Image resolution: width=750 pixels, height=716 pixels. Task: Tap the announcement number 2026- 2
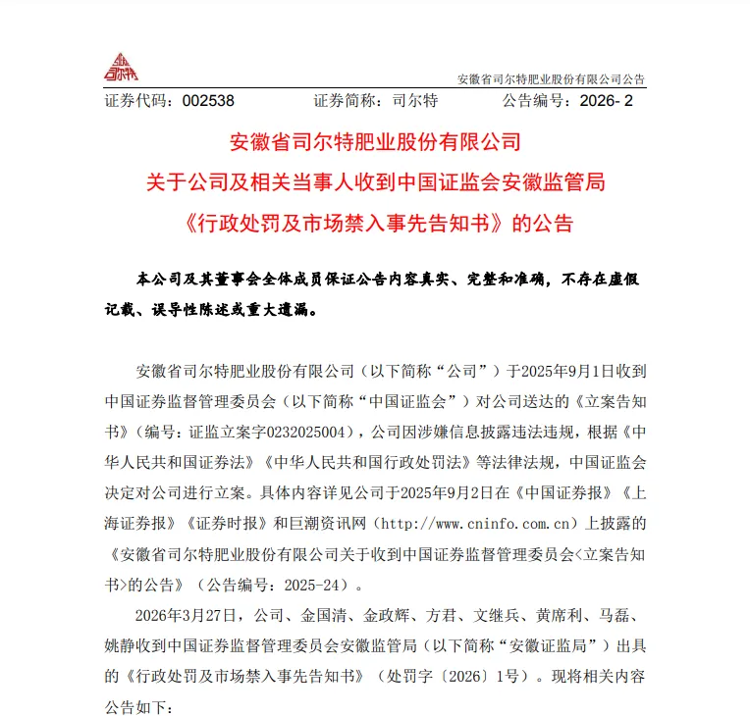608,101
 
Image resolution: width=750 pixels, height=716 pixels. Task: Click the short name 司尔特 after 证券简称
414,101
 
